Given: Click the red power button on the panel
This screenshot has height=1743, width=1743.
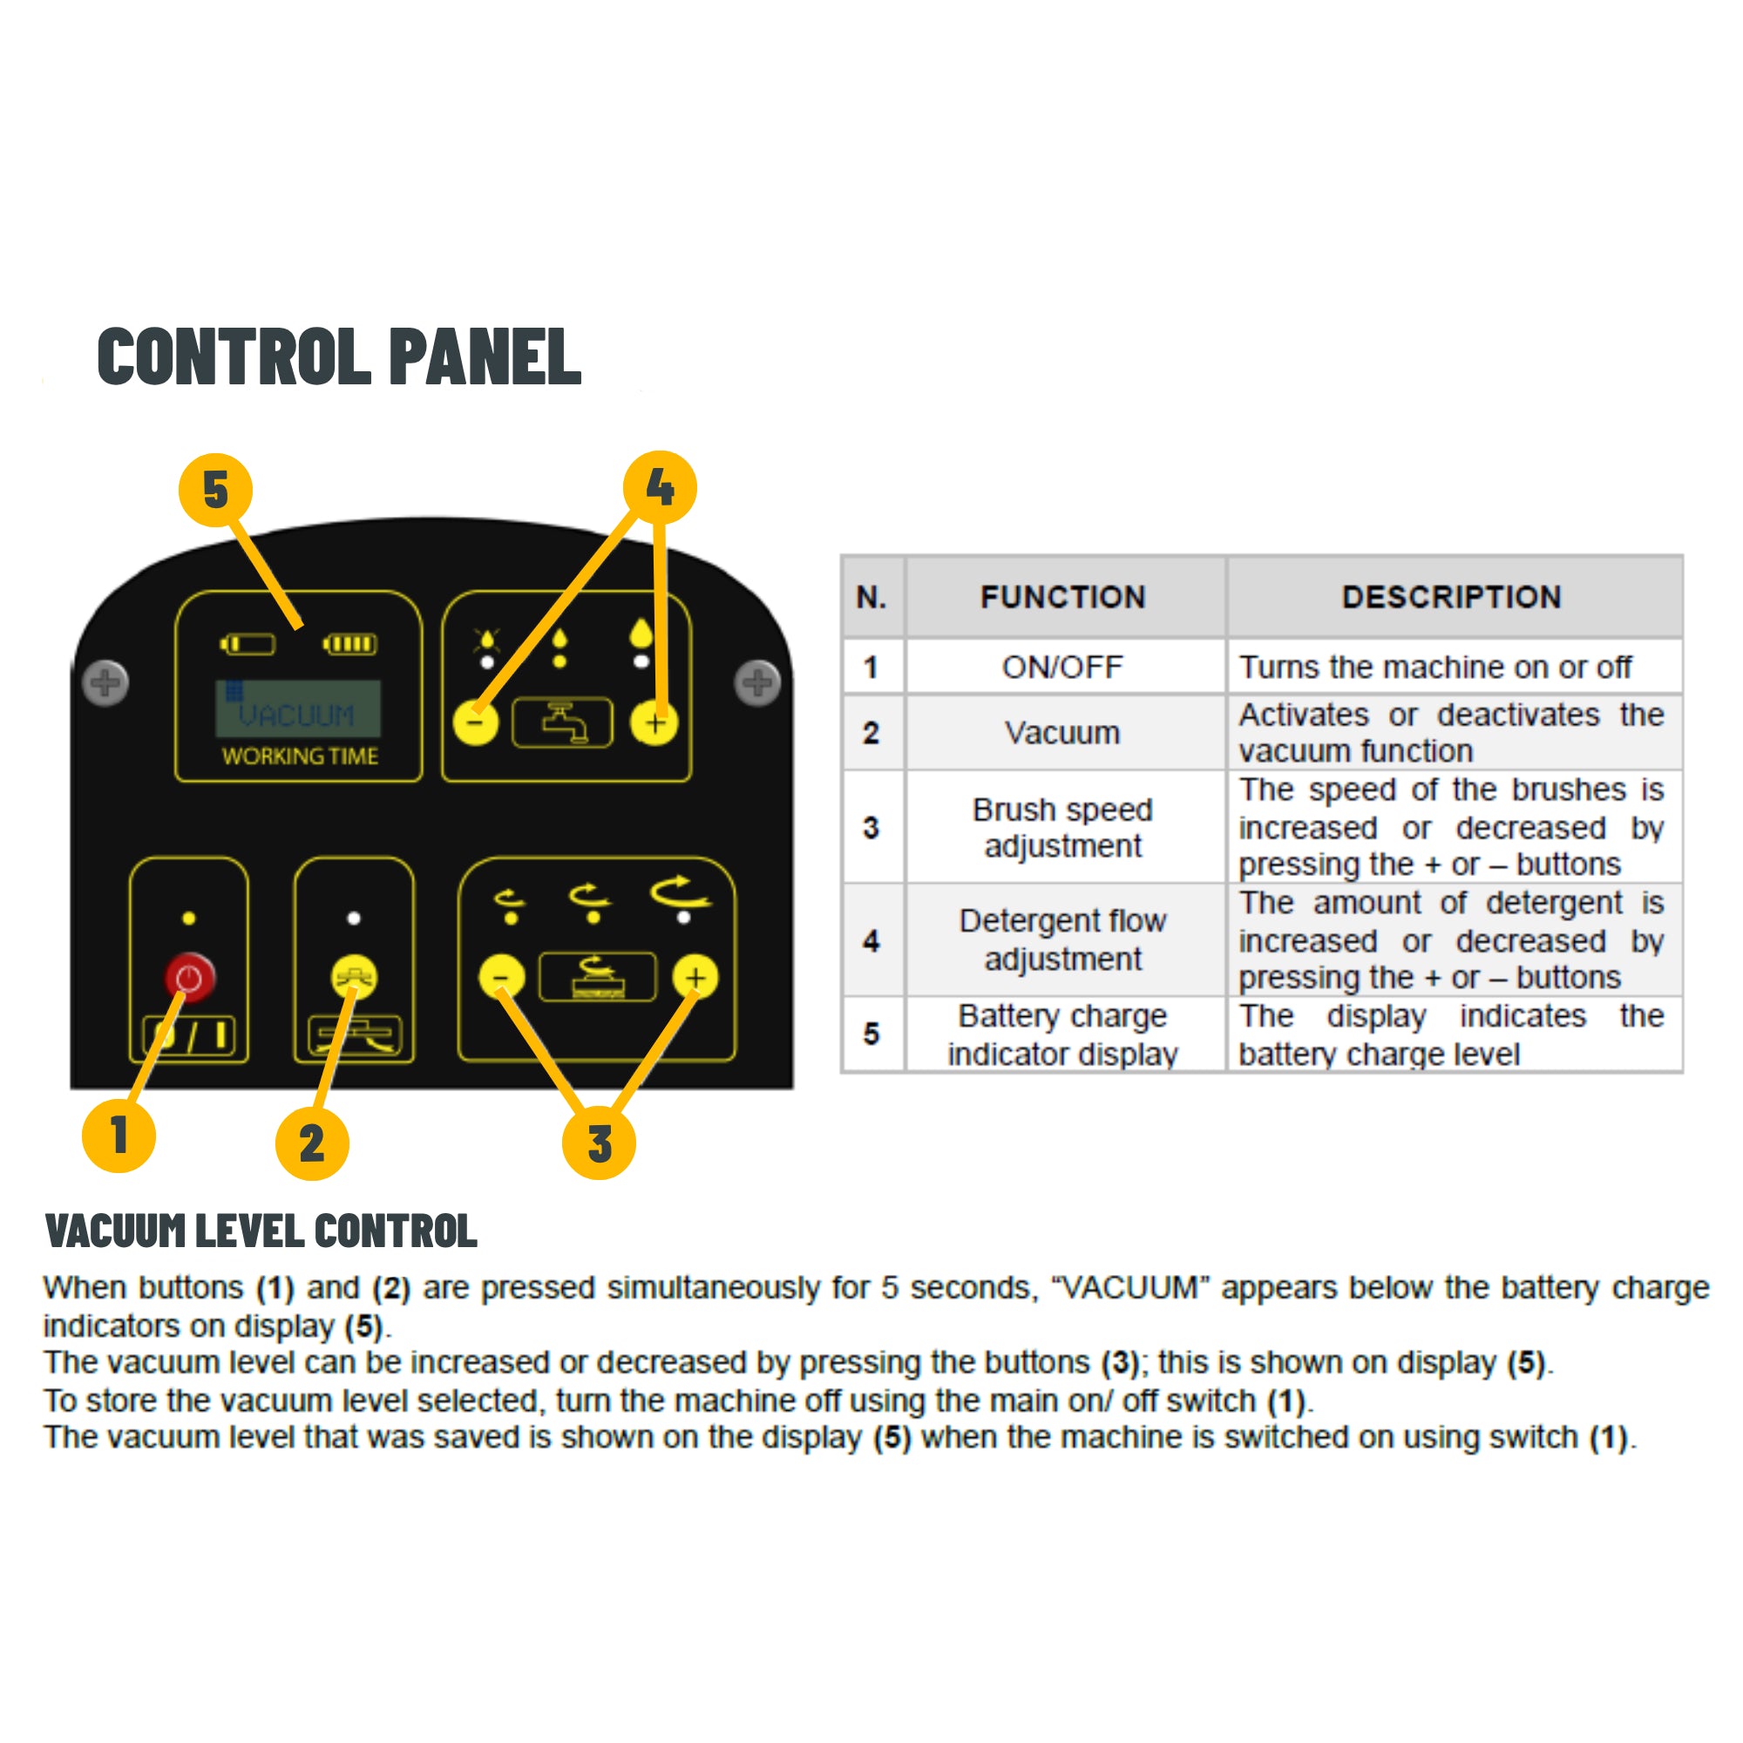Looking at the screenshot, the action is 189,977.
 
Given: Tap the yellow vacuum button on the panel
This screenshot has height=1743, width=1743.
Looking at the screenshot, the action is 355,977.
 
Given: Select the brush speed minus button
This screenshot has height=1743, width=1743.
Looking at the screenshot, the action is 502,977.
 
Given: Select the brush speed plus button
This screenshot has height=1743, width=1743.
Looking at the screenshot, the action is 695,977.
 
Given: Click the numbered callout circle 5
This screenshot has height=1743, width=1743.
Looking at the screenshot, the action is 215,490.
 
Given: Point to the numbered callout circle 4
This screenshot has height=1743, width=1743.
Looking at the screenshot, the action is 661,488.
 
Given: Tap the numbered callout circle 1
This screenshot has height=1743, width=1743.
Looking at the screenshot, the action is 119,1135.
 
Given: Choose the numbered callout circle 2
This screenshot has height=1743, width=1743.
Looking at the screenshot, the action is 312,1143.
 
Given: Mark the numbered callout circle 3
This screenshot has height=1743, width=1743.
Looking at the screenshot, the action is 599,1143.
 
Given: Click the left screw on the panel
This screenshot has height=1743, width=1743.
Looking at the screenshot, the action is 105,683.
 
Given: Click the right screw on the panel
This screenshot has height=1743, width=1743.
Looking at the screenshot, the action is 757,683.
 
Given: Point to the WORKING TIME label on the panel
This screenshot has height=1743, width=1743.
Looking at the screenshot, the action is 300,756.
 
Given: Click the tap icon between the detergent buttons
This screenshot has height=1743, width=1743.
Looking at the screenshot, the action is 562,722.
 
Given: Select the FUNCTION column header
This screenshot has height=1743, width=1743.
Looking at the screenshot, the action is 1062,596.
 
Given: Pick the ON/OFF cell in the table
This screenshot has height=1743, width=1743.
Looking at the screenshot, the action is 1062,667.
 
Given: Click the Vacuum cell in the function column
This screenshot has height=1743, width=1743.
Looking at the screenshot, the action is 1062,733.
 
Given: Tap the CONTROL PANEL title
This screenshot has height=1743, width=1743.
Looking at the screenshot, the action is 339,356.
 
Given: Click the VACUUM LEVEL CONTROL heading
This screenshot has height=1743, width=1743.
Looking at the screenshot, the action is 261,1231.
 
